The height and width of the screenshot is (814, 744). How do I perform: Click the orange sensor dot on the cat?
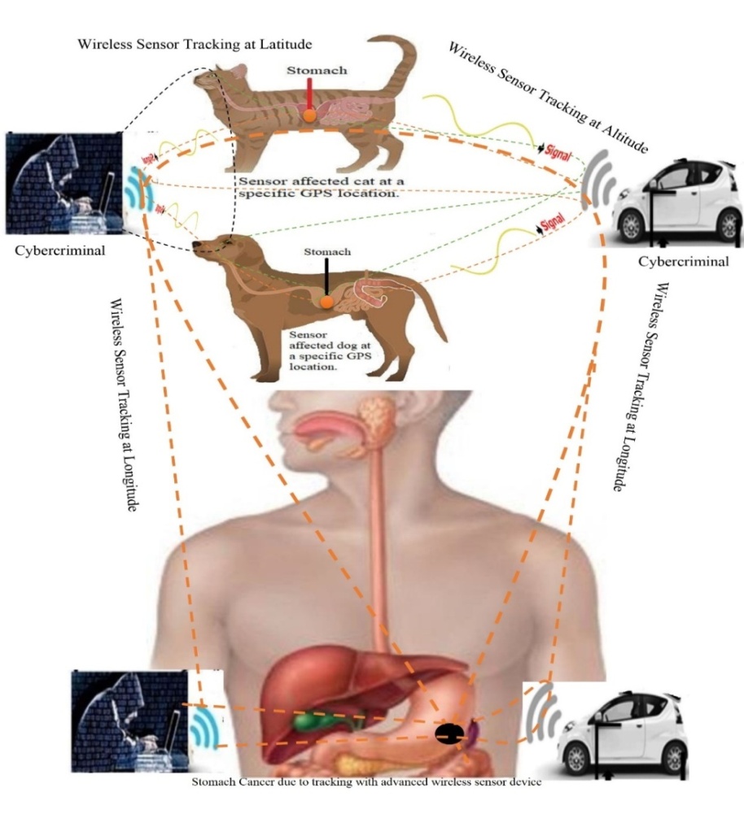click(x=309, y=117)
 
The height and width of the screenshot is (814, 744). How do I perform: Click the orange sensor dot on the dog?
click(x=326, y=302)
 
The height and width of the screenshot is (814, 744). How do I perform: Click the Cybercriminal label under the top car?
click(x=684, y=261)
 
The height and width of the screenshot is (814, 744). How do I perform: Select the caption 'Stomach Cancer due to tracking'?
click(x=366, y=783)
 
